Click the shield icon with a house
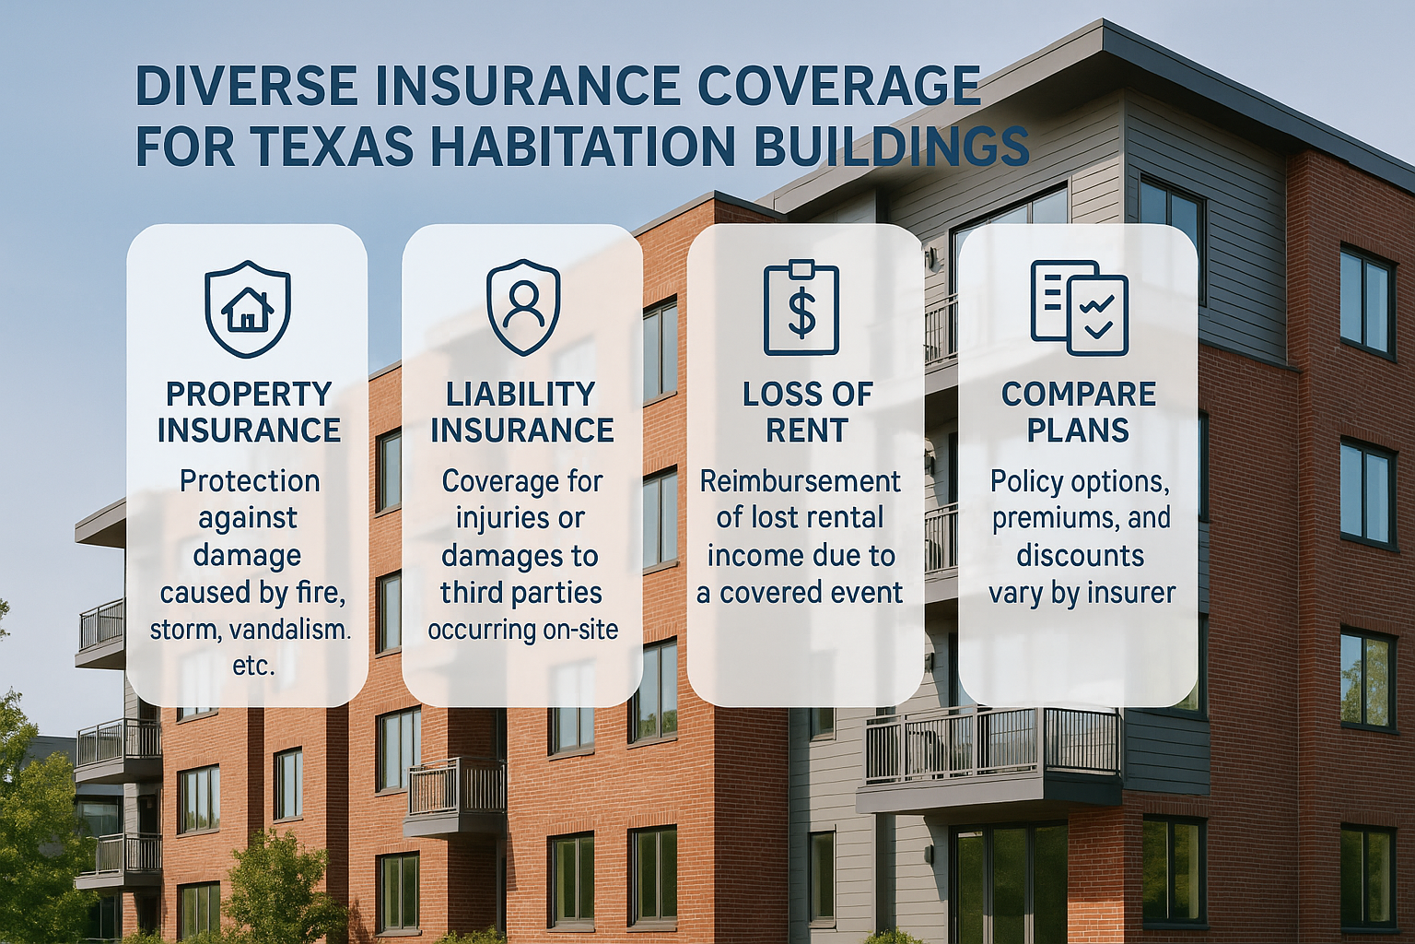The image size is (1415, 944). point(248,309)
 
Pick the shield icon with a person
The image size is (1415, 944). point(523,307)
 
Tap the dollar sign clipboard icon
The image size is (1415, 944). point(801,307)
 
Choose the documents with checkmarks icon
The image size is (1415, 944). point(1080,308)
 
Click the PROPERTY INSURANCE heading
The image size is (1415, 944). point(249,412)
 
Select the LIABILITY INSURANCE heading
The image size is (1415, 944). point(521,412)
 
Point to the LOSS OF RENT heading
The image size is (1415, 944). point(807,412)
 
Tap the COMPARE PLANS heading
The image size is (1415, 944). point(1079,412)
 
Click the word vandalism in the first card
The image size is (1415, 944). point(287,631)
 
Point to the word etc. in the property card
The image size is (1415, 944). point(253,667)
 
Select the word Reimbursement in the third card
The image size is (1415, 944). point(801,482)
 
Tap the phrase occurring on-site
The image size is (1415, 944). point(522,631)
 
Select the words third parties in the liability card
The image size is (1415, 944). point(520,593)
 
